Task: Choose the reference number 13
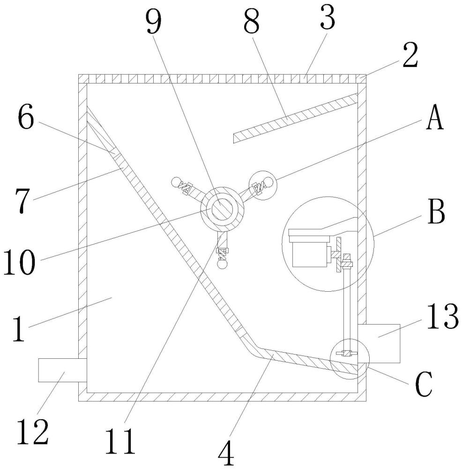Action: [441, 318]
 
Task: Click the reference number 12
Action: [34, 432]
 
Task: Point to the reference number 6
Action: [26, 119]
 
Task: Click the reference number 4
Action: [227, 451]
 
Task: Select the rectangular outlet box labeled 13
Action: [379, 343]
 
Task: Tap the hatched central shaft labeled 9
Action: [222, 208]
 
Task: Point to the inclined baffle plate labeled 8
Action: [295, 117]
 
